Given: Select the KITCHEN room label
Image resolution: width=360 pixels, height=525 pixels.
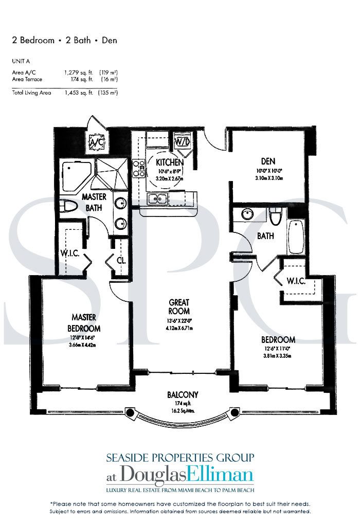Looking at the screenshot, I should click(170, 162).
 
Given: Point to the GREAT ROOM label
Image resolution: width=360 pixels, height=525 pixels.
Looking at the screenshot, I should click(178, 307).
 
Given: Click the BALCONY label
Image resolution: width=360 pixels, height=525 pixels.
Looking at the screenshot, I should click(183, 395).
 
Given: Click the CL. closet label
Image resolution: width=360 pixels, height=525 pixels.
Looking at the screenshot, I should click(121, 261).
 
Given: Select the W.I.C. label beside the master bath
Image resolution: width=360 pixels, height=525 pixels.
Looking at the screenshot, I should click(68, 253).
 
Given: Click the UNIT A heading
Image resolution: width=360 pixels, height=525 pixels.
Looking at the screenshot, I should click(21, 61).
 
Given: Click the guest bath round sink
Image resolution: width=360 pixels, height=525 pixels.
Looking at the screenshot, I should click(248, 214).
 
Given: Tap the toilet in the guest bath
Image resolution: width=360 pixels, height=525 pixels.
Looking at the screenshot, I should click(275, 216).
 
